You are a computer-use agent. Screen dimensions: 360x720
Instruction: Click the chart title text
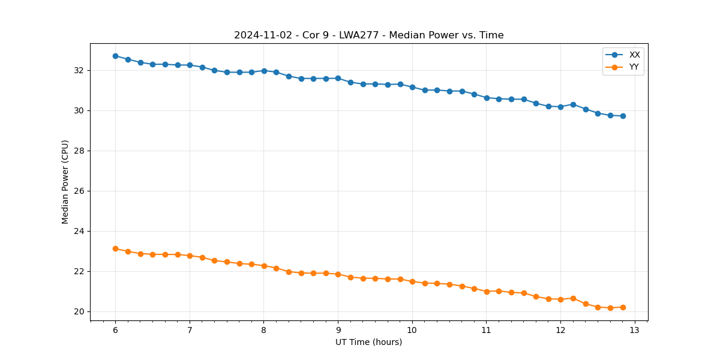[368, 35]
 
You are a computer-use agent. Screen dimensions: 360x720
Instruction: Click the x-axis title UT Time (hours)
[368, 343]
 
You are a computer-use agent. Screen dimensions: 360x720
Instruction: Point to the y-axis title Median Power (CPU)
[65, 182]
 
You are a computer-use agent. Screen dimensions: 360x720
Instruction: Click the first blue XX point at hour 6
[115, 56]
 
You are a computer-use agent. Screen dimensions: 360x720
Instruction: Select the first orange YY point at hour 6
[115, 248]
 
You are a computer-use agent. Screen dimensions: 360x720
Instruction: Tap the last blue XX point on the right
[623, 116]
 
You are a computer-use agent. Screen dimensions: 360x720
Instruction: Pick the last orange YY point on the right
[623, 307]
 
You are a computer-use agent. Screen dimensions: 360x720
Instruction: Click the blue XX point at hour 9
[338, 78]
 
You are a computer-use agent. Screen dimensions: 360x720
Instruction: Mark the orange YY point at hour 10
[412, 281]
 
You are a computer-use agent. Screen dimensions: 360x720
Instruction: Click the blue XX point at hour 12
[560, 107]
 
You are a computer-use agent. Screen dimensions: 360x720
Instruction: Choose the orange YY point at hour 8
[264, 266]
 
